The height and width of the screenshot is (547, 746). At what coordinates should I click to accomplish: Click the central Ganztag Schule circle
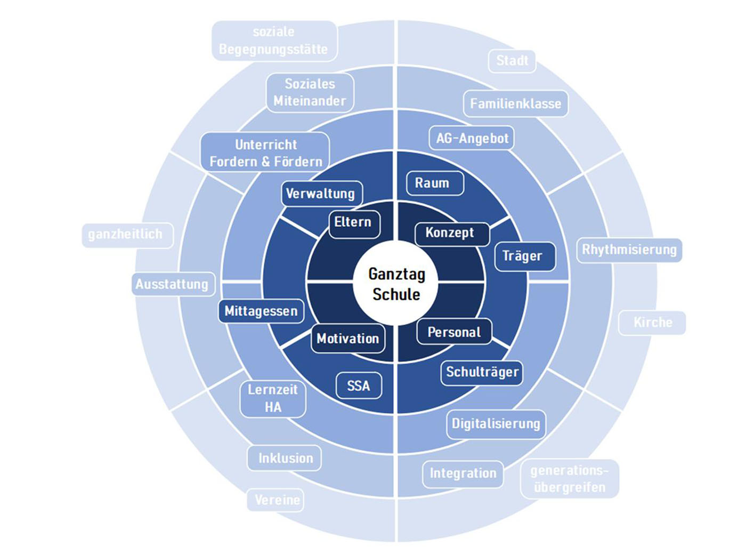click(x=395, y=283)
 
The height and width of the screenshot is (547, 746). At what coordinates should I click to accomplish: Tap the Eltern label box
click(x=355, y=224)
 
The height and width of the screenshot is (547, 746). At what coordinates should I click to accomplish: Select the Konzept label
click(x=452, y=234)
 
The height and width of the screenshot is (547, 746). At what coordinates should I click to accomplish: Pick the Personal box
click(x=454, y=332)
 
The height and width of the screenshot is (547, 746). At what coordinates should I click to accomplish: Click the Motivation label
click(x=348, y=338)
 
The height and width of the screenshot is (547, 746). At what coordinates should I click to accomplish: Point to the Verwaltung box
click(x=322, y=194)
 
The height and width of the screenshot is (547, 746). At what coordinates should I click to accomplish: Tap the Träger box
click(x=525, y=256)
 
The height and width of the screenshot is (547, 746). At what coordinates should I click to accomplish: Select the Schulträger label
click(x=482, y=373)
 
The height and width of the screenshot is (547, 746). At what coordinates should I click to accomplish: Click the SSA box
click(x=359, y=385)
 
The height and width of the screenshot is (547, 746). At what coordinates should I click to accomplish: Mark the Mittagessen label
click(x=261, y=311)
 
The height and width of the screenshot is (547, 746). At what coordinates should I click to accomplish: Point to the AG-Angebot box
click(x=471, y=138)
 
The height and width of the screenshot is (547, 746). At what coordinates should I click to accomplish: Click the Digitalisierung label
click(x=496, y=424)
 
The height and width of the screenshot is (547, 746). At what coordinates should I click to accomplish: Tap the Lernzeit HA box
click(x=273, y=399)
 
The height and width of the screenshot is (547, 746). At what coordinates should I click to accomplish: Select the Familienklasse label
click(x=516, y=103)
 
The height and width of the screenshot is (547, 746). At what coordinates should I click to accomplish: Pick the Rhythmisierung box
click(x=629, y=250)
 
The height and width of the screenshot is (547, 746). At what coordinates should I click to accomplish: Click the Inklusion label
click(x=284, y=458)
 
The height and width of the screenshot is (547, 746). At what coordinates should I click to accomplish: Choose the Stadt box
click(x=512, y=61)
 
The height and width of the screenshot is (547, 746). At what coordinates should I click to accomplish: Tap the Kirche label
click(x=652, y=323)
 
